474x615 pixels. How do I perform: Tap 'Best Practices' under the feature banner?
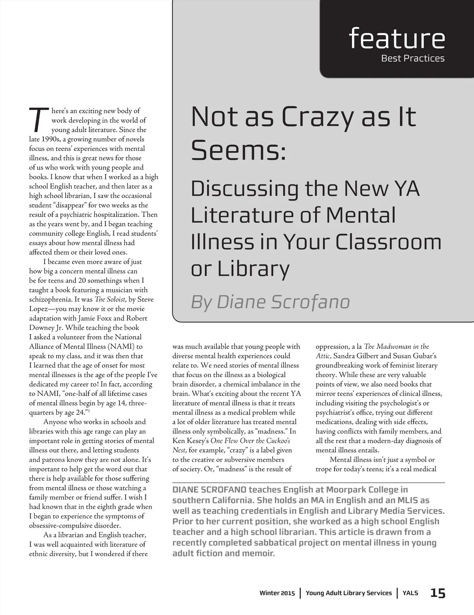[412, 58]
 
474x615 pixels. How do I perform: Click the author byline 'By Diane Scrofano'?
[270, 302]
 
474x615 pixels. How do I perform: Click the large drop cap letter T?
[38, 120]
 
